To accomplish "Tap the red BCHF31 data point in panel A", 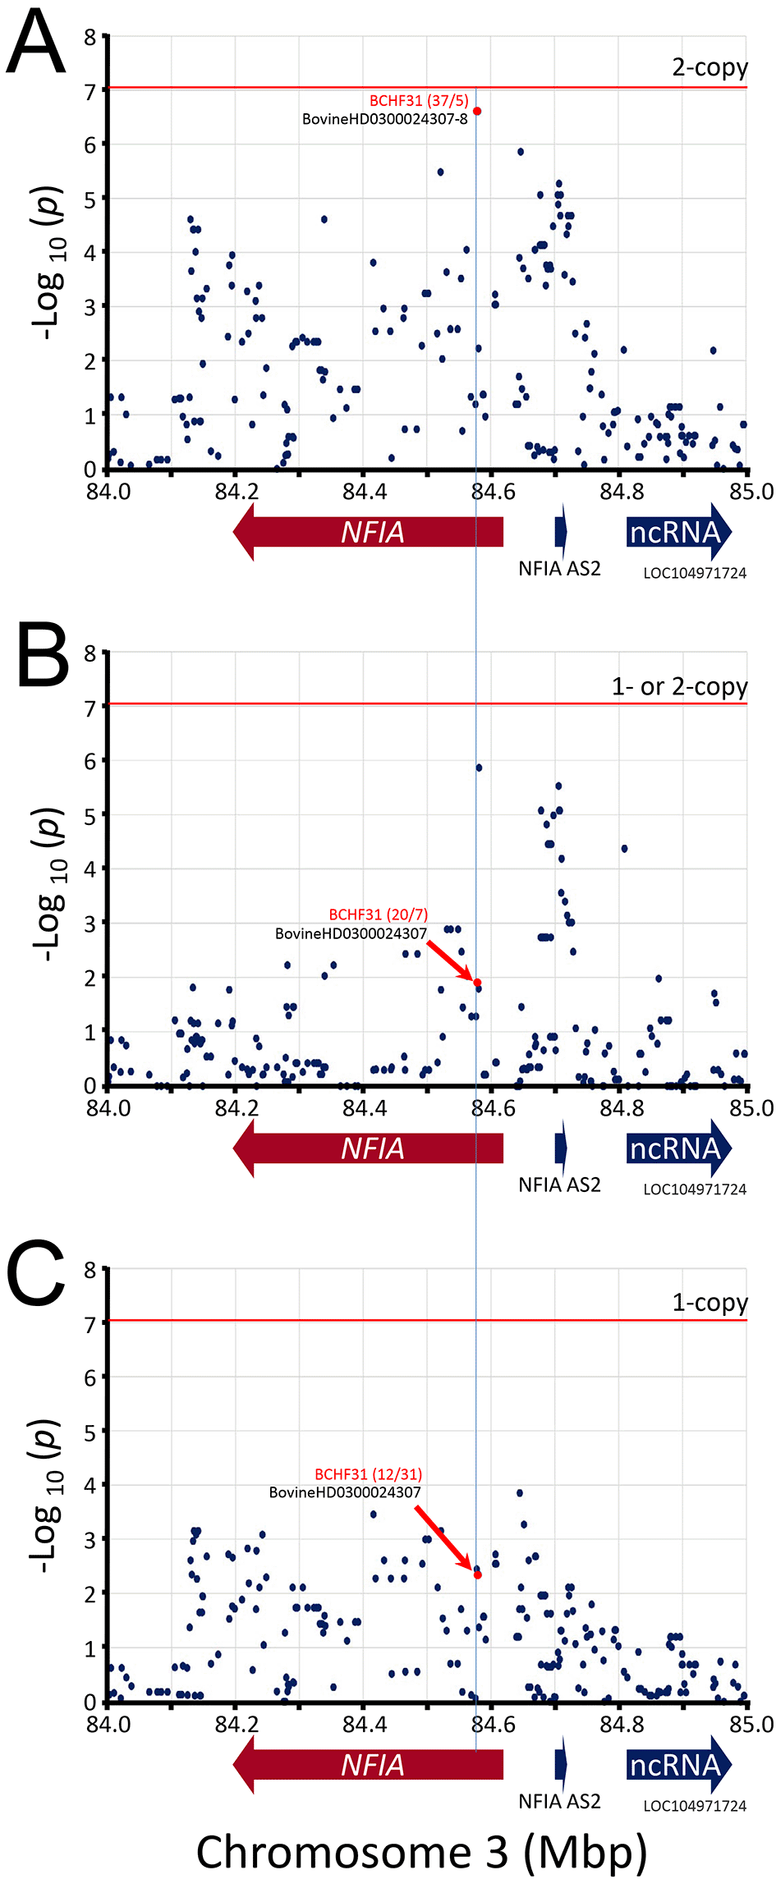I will click(x=477, y=111).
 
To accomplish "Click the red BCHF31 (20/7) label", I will click(x=378, y=914).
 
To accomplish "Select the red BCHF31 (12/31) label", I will click(x=368, y=1474).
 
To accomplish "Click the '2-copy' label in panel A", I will click(x=709, y=67).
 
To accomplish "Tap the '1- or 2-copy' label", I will click(x=679, y=686).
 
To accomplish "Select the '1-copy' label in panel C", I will click(x=709, y=1303).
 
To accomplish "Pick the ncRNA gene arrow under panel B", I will click(x=677, y=1148).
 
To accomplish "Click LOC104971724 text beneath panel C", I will click(x=695, y=1806).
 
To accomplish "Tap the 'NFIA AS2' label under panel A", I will click(x=559, y=568).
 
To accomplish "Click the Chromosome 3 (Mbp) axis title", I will click(x=421, y=1851).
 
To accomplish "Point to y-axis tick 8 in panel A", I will click(x=90, y=37).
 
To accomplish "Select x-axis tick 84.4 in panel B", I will click(x=364, y=1108).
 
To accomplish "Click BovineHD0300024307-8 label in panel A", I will click(x=384, y=119).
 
